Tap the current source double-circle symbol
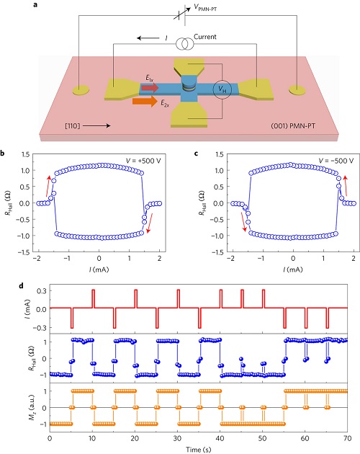coord(184,44)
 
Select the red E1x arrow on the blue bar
coord(150,87)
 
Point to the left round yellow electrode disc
coord(81,90)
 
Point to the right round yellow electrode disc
coord(297,90)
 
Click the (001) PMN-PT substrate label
coord(293,126)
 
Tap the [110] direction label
coord(72,125)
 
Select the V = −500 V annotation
coord(336,161)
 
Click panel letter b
coord(2,153)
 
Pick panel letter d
coord(21,286)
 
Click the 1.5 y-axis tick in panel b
coord(25,154)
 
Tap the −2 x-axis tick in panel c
coord(230,258)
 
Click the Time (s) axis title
coord(198,450)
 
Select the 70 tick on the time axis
coord(347,438)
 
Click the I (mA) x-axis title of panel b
coord(99,270)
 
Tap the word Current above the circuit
coord(205,37)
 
